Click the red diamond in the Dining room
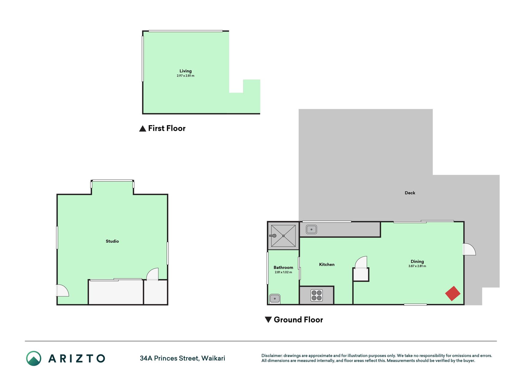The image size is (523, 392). [x=453, y=293]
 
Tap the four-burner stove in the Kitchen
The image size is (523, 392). [x=316, y=296]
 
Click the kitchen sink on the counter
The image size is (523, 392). [x=311, y=229]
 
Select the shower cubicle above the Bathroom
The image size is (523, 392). [x=283, y=236]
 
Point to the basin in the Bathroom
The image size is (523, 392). [x=275, y=298]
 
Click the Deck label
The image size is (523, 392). [x=410, y=193]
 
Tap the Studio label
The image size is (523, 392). [x=112, y=241]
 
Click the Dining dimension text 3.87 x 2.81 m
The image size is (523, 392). [x=417, y=266]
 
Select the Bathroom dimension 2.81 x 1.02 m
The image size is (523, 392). [x=283, y=272]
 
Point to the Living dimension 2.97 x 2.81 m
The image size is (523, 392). [x=185, y=76]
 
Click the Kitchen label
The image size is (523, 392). [x=327, y=265]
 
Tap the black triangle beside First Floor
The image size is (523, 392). [x=142, y=129]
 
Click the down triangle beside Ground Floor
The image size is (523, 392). [x=268, y=320]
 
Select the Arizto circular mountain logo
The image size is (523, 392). [x=34, y=358]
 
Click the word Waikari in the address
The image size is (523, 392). [x=213, y=358]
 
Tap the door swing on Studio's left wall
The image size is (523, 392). [x=62, y=290]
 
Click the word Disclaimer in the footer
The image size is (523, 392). [x=272, y=356]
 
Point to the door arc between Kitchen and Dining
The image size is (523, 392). [x=361, y=262]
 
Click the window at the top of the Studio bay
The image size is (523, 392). [x=112, y=181]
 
